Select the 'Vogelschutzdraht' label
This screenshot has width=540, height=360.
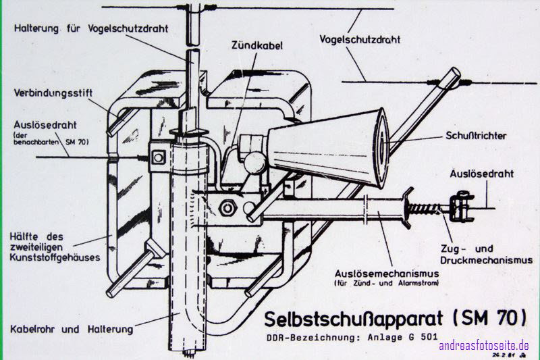[359, 40]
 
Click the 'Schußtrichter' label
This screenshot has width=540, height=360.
[475, 136]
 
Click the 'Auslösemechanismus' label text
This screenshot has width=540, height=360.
[387, 274]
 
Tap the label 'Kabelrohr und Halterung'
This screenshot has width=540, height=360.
[72, 329]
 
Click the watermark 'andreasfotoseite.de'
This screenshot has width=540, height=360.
[484, 346]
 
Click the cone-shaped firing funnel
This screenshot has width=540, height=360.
[331, 147]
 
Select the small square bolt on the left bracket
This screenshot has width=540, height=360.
[159, 157]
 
